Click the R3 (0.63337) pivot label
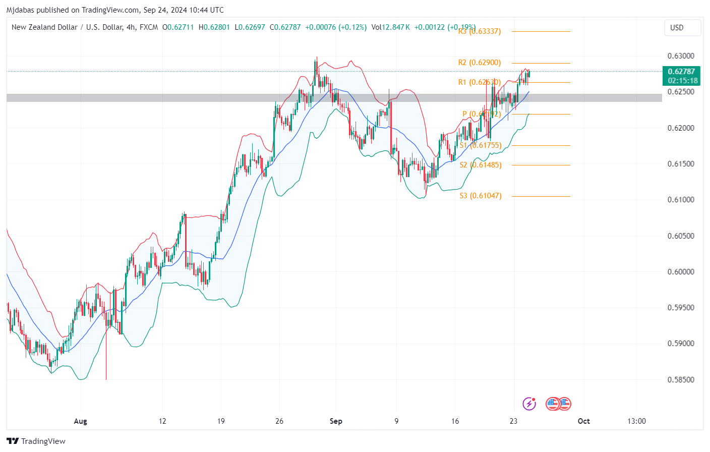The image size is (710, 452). click(480, 31)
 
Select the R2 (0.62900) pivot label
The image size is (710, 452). click(480, 63)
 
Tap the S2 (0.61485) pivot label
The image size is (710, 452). click(481, 165)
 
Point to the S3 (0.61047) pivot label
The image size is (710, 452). click(481, 196)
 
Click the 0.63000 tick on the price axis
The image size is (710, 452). click(681, 56)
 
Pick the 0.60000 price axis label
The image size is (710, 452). click(681, 272)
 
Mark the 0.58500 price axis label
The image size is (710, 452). click(681, 380)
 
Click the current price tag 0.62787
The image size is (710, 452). click(681, 72)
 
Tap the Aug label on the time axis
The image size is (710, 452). click(81, 421)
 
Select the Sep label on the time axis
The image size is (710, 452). click(336, 421)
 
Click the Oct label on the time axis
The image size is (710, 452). click(583, 421)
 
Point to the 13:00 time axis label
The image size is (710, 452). click(636, 421)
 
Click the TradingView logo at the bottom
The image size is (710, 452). click(36, 441)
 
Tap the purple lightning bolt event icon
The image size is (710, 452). click(529, 404)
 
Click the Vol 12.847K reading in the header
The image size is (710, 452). click(390, 27)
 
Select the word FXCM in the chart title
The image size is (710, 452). click(148, 27)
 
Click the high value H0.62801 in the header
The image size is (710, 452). click(214, 27)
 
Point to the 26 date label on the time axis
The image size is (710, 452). click(279, 421)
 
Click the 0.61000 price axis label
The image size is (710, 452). click(681, 200)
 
